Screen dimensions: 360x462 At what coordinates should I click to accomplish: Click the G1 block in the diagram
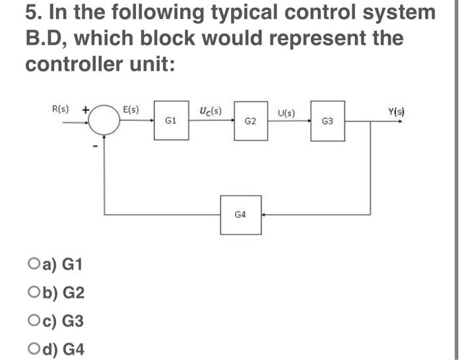pos(170,121)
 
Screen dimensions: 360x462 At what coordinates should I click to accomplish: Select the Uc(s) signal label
pos(210,109)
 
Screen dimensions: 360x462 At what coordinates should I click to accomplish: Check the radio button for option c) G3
pos(34,321)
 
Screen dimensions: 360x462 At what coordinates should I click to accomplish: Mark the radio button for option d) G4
pos(34,349)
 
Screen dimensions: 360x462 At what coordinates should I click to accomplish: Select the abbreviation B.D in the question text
pos(46,39)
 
